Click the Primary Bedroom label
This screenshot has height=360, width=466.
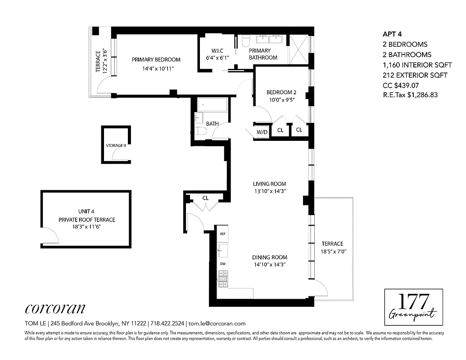(x=156, y=59)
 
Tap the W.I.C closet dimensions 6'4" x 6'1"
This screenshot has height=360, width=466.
(x=217, y=58)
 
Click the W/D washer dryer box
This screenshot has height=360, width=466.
(x=262, y=132)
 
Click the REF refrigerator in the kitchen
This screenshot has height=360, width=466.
(x=222, y=234)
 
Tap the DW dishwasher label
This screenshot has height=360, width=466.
(x=222, y=264)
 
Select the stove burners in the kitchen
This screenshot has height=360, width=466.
(x=222, y=274)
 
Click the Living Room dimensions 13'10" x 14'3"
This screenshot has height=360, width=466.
(x=269, y=191)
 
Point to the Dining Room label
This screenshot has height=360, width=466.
(x=269, y=257)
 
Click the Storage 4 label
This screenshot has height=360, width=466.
(x=116, y=146)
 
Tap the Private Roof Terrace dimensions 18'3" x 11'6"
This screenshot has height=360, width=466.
(x=86, y=227)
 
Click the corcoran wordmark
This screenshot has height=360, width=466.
(x=54, y=308)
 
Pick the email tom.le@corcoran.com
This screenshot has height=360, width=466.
(x=217, y=323)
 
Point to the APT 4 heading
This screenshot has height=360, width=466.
(x=392, y=34)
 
